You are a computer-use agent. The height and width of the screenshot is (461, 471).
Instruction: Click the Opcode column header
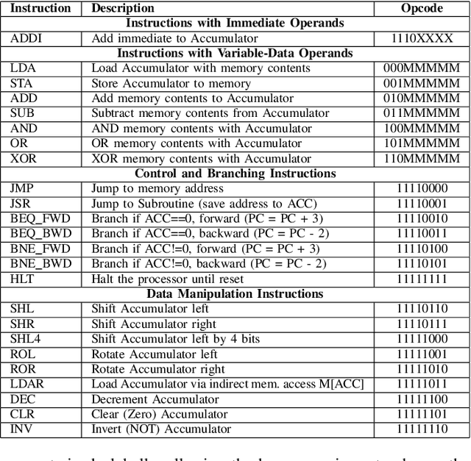tap(422, 8)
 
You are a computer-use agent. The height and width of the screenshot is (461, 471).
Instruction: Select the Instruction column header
tap(40, 8)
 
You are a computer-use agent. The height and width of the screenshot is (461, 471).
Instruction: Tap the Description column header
tap(123, 8)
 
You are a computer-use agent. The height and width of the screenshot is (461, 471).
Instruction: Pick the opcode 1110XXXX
tap(422, 38)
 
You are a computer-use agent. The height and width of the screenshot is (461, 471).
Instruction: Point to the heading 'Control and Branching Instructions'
tap(235, 174)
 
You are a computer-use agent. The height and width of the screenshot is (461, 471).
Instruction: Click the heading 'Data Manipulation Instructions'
tap(235, 294)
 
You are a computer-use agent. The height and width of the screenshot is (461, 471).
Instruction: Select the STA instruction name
tap(21, 83)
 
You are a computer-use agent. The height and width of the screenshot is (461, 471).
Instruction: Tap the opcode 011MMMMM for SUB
tap(422, 113)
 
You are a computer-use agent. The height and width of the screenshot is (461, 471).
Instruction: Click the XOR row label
tap(22, 159)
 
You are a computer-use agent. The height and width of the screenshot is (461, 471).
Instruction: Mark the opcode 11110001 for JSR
tap(422, 204)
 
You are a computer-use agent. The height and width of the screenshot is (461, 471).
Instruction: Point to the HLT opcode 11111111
tap(422, 279)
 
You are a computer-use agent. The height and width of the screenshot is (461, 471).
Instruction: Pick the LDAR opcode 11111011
tap(422, 385)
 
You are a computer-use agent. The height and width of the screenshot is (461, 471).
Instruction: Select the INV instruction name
tap(21, 429)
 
